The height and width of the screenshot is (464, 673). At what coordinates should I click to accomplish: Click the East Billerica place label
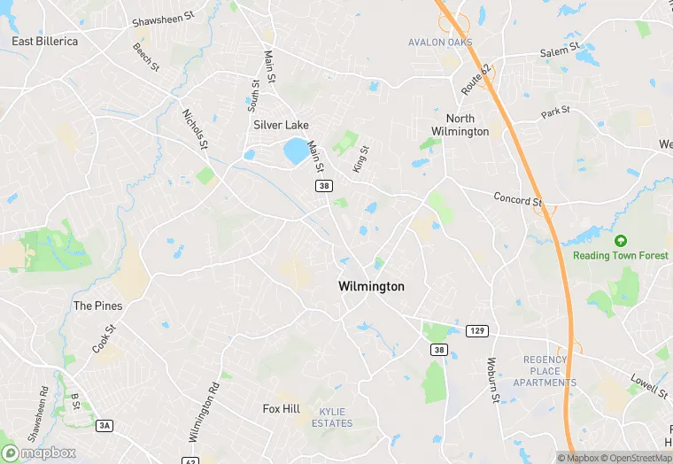tap(44, 41)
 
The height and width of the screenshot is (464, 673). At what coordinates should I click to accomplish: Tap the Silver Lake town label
tap(281, 125)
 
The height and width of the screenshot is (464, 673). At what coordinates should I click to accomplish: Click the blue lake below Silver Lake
tap(297, 151)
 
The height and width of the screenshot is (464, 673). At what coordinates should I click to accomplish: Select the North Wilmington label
tap(460, 125)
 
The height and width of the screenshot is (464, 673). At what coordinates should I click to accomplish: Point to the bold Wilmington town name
tap(371, 287)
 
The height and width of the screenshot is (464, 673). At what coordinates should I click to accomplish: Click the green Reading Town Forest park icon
tap(620, 240)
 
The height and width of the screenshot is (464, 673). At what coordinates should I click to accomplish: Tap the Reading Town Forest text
tap(620, 256)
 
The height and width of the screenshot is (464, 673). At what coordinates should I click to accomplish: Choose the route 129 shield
tap(477, 331)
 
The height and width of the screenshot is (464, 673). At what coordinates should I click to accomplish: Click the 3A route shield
tap(104, 426)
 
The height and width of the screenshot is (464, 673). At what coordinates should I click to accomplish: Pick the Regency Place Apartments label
tap(549, 371)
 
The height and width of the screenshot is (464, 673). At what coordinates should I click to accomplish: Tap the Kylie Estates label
tap(332, 417)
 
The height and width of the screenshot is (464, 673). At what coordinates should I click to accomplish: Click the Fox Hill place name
tap(282, 409)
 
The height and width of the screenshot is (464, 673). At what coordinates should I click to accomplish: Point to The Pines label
tap(97, 306)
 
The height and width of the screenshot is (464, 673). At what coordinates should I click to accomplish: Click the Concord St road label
tap(517, 200)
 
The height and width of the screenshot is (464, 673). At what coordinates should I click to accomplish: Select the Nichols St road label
tap(195, 128)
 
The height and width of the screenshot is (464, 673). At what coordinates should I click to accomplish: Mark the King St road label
tap(360, 160)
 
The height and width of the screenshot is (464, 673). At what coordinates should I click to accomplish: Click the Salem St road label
tap(560, 50)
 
